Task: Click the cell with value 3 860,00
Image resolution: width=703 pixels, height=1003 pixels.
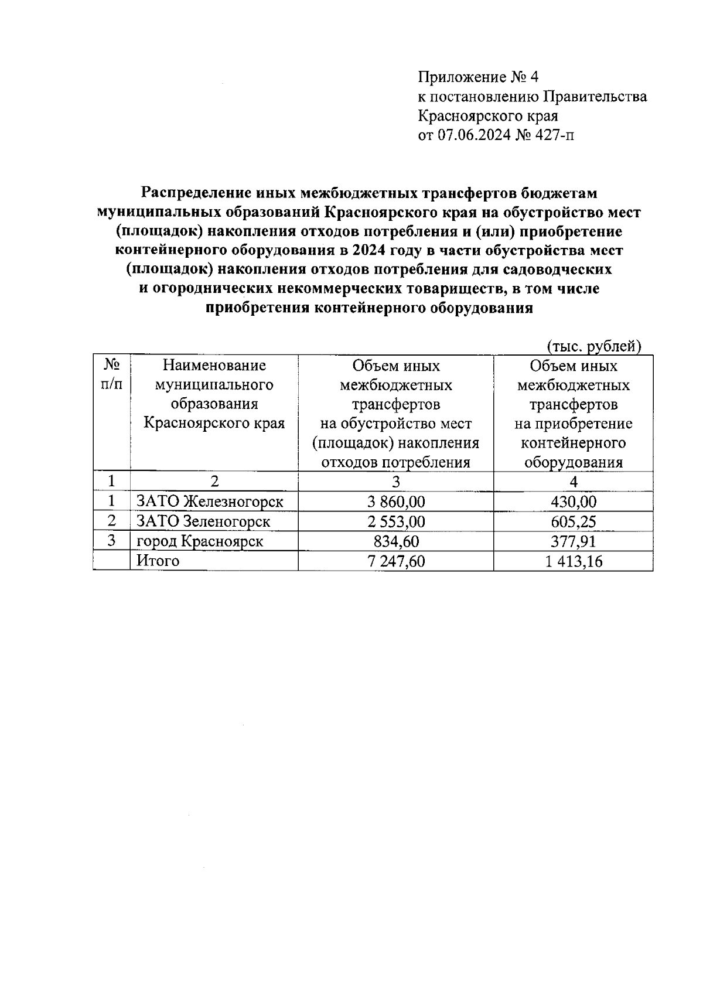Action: pyautogui.click(x=395, y=501)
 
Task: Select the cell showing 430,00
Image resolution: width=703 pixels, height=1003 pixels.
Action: pyautogui.click(x=573, y=501)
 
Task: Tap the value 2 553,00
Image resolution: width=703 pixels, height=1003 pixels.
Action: pyautogui.click(x=395, y=521)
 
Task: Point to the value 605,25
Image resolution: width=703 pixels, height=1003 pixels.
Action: pyautogui.click(x=573, y=521)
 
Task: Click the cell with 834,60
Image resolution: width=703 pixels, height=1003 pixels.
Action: pyautogui.click(x=395, y=541)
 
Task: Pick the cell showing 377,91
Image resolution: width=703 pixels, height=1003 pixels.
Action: pyautogui.click(x=573, y=541)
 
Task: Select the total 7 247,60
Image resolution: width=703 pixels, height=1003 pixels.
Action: pyautogui.click(x=395, y=561)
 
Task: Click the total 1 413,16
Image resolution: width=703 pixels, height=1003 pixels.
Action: pyautogui.click(x=573, y=561)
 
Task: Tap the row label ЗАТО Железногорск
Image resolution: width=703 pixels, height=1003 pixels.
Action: pyautogui.click(x=210, y=501)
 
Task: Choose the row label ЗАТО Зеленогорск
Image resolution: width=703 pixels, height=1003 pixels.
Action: pyautogui.click(x=203, y=521)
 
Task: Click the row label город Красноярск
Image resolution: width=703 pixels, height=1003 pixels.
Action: pyautogui.click(x=199, y=541)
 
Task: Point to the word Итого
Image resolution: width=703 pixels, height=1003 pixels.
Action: pyautogui.click(x=158, y=561)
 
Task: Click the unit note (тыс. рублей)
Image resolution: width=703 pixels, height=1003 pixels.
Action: pyautogui.click(x=593, y=346)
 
